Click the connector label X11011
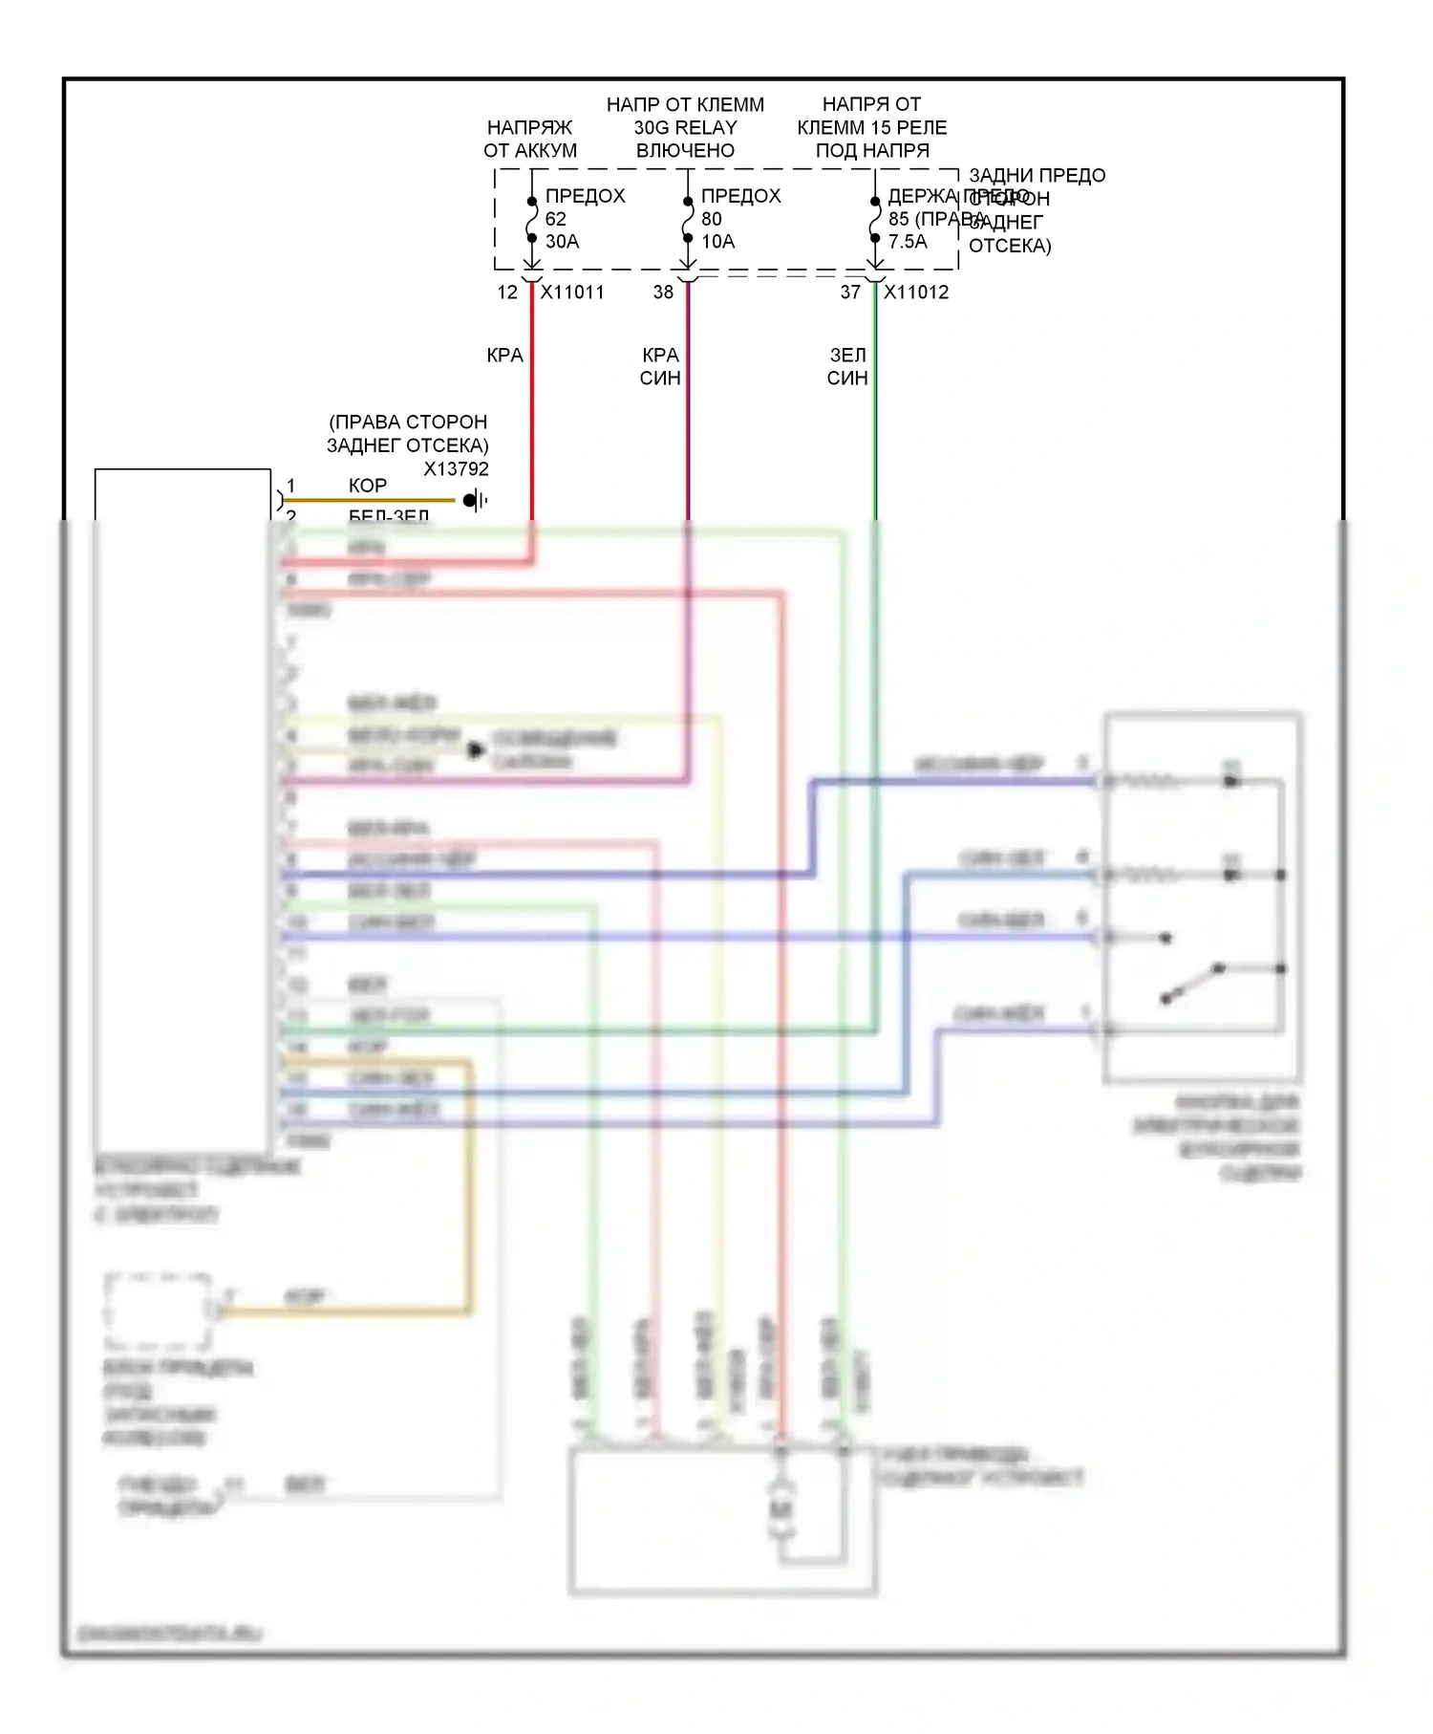pyautogui.click(x=572, y=293)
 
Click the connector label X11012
pyautogui.click(x=916, y=293)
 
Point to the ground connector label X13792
pyautogui.click(x=456, y=469)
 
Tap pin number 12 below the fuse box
pyautogui.click(x=507, y=293)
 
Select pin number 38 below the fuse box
pyautogui.click(x=663, y=293)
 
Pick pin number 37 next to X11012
pyautogui.click(x=850, y=293)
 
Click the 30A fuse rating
pyautogui.click(x=562, y=242)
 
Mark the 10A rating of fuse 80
pyautogui.click(x=717, y=242)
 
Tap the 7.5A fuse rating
pyautogui.click(x=908, y=242)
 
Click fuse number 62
pyautogui.click(x=556, y=219)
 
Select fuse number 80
pyautogui.click(x=712, y=219)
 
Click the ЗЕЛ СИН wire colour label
pyautogui.click(x=847, y=366)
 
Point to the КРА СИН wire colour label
pyautogui.click(x=660, y=366)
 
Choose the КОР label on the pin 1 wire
pyautogui.click(x=368, y=486)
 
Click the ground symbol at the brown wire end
pyautogui.click(x=473, y=500)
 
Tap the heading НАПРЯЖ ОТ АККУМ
pyautogui.click(x=530, y=139)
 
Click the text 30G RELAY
pyautogui.click(x=685, y=127)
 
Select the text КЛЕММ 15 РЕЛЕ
pyautogui.click(x=871, y=127)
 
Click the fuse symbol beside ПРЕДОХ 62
pyautogui.click(x=532, y=220)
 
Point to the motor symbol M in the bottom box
pyautogui.click(x=781, y=1510)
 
